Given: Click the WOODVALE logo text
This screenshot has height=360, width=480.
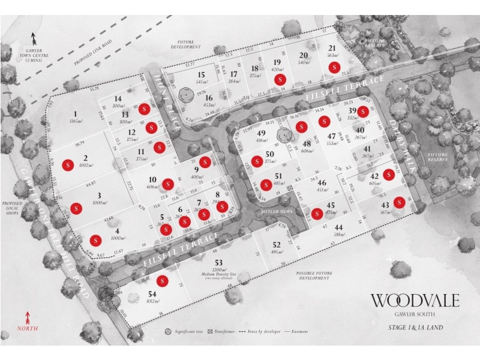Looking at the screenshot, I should [x=415, y=299].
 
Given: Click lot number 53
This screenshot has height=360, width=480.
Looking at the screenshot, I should [x=218, y=263].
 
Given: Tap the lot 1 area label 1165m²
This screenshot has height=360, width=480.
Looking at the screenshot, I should [x=76, y=121].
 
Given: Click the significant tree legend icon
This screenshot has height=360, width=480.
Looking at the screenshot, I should [x=169, y=331].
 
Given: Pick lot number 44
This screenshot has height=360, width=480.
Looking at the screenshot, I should [x=339, y=227].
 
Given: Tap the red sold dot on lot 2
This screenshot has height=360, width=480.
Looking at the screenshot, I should [x=68, y=164].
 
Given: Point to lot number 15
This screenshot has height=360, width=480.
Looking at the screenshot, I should [x=202, y=74].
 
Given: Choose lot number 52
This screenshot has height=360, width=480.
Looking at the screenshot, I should [x=276, y=244].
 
